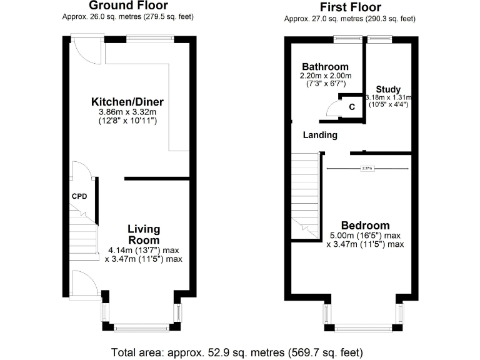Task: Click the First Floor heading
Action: coord(349,7)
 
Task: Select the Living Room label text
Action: coord(144,234)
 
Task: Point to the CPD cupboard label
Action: coord(79,197)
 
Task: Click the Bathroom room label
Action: coord(325,67)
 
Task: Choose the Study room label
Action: coord(388,89)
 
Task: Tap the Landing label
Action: coord(320,135)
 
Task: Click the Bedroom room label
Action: coord(365,226)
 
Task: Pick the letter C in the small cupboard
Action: coord(352,107)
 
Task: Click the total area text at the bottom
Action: coord(237,351)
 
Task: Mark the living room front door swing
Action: coord(84,284)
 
